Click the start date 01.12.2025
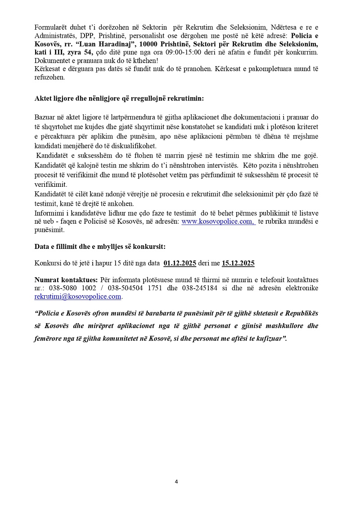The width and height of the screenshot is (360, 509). [180, 263]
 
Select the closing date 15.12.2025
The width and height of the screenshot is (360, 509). [238, 263]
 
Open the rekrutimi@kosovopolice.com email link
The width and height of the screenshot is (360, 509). [78, 297]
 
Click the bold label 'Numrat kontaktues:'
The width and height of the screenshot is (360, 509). [66, 279]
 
